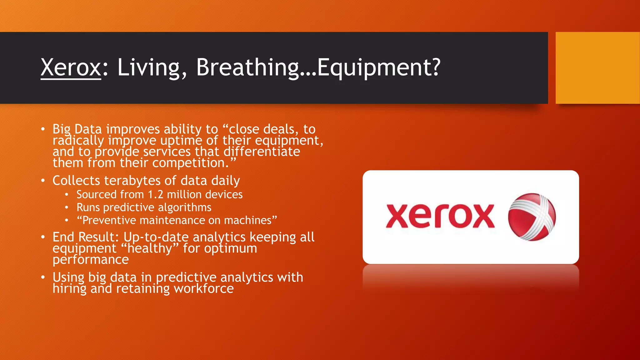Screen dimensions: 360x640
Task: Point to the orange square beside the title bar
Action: pyautogui.click(x=597, y=68)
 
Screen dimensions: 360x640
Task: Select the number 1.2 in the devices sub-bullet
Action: pyautogui.click(x=155, y=195)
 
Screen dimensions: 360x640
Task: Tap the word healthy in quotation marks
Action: pyautogui.click(x=150, y=248)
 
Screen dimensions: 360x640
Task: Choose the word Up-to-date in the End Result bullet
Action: pyautogui.click(x=156, y=237)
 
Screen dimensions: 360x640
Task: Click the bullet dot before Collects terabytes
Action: pyautogui.click(x=43, y=181)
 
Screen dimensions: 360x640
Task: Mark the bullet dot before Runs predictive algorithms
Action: pyautogui.click(x=67, y=207)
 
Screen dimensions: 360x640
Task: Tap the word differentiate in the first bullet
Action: pyautogui.click(x=262, y=152)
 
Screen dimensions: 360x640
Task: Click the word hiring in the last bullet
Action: pyautogui.click(x=69, y=288)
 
